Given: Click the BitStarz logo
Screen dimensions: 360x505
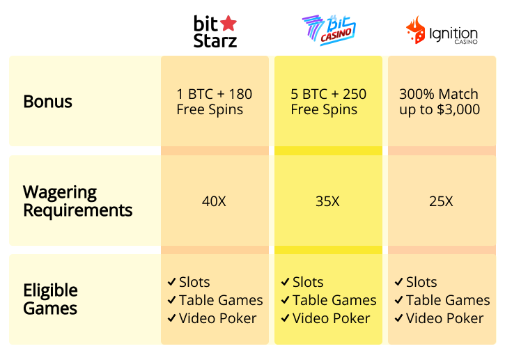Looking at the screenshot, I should tap(215, 31).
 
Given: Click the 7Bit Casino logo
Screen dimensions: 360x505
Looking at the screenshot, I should tap(328, 31).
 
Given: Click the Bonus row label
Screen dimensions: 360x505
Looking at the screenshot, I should tap(47, 102).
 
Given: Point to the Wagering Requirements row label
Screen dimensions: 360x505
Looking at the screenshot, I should tap(77, 201).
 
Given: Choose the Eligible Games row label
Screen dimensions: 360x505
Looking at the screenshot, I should tap(50, 299).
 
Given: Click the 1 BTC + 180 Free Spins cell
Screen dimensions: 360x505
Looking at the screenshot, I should tap(215, 102).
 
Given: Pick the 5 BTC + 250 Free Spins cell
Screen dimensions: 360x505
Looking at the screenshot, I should tap(328, 102).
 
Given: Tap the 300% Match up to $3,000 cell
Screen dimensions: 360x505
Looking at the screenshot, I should tap(440, 102).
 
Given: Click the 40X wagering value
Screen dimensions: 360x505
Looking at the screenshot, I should tap(214, 201).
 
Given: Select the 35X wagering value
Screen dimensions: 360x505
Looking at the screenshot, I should tap(327, 201).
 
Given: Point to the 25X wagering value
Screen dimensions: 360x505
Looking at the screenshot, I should tap(441, 201).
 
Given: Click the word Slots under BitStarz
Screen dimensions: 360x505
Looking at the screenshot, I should tap(194, 282).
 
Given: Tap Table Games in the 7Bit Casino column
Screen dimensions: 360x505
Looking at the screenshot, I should tap(334, 300).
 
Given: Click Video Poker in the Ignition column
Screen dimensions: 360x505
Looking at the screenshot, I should tap(444, 318).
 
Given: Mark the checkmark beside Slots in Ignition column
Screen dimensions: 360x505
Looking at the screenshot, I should tap(398, 282).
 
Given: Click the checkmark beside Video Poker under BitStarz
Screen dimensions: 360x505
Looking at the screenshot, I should tap(171, 318).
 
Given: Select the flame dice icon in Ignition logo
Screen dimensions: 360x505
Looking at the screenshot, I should tap(416, 31).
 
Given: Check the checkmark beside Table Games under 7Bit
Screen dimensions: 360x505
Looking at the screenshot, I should tap(285, 300).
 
